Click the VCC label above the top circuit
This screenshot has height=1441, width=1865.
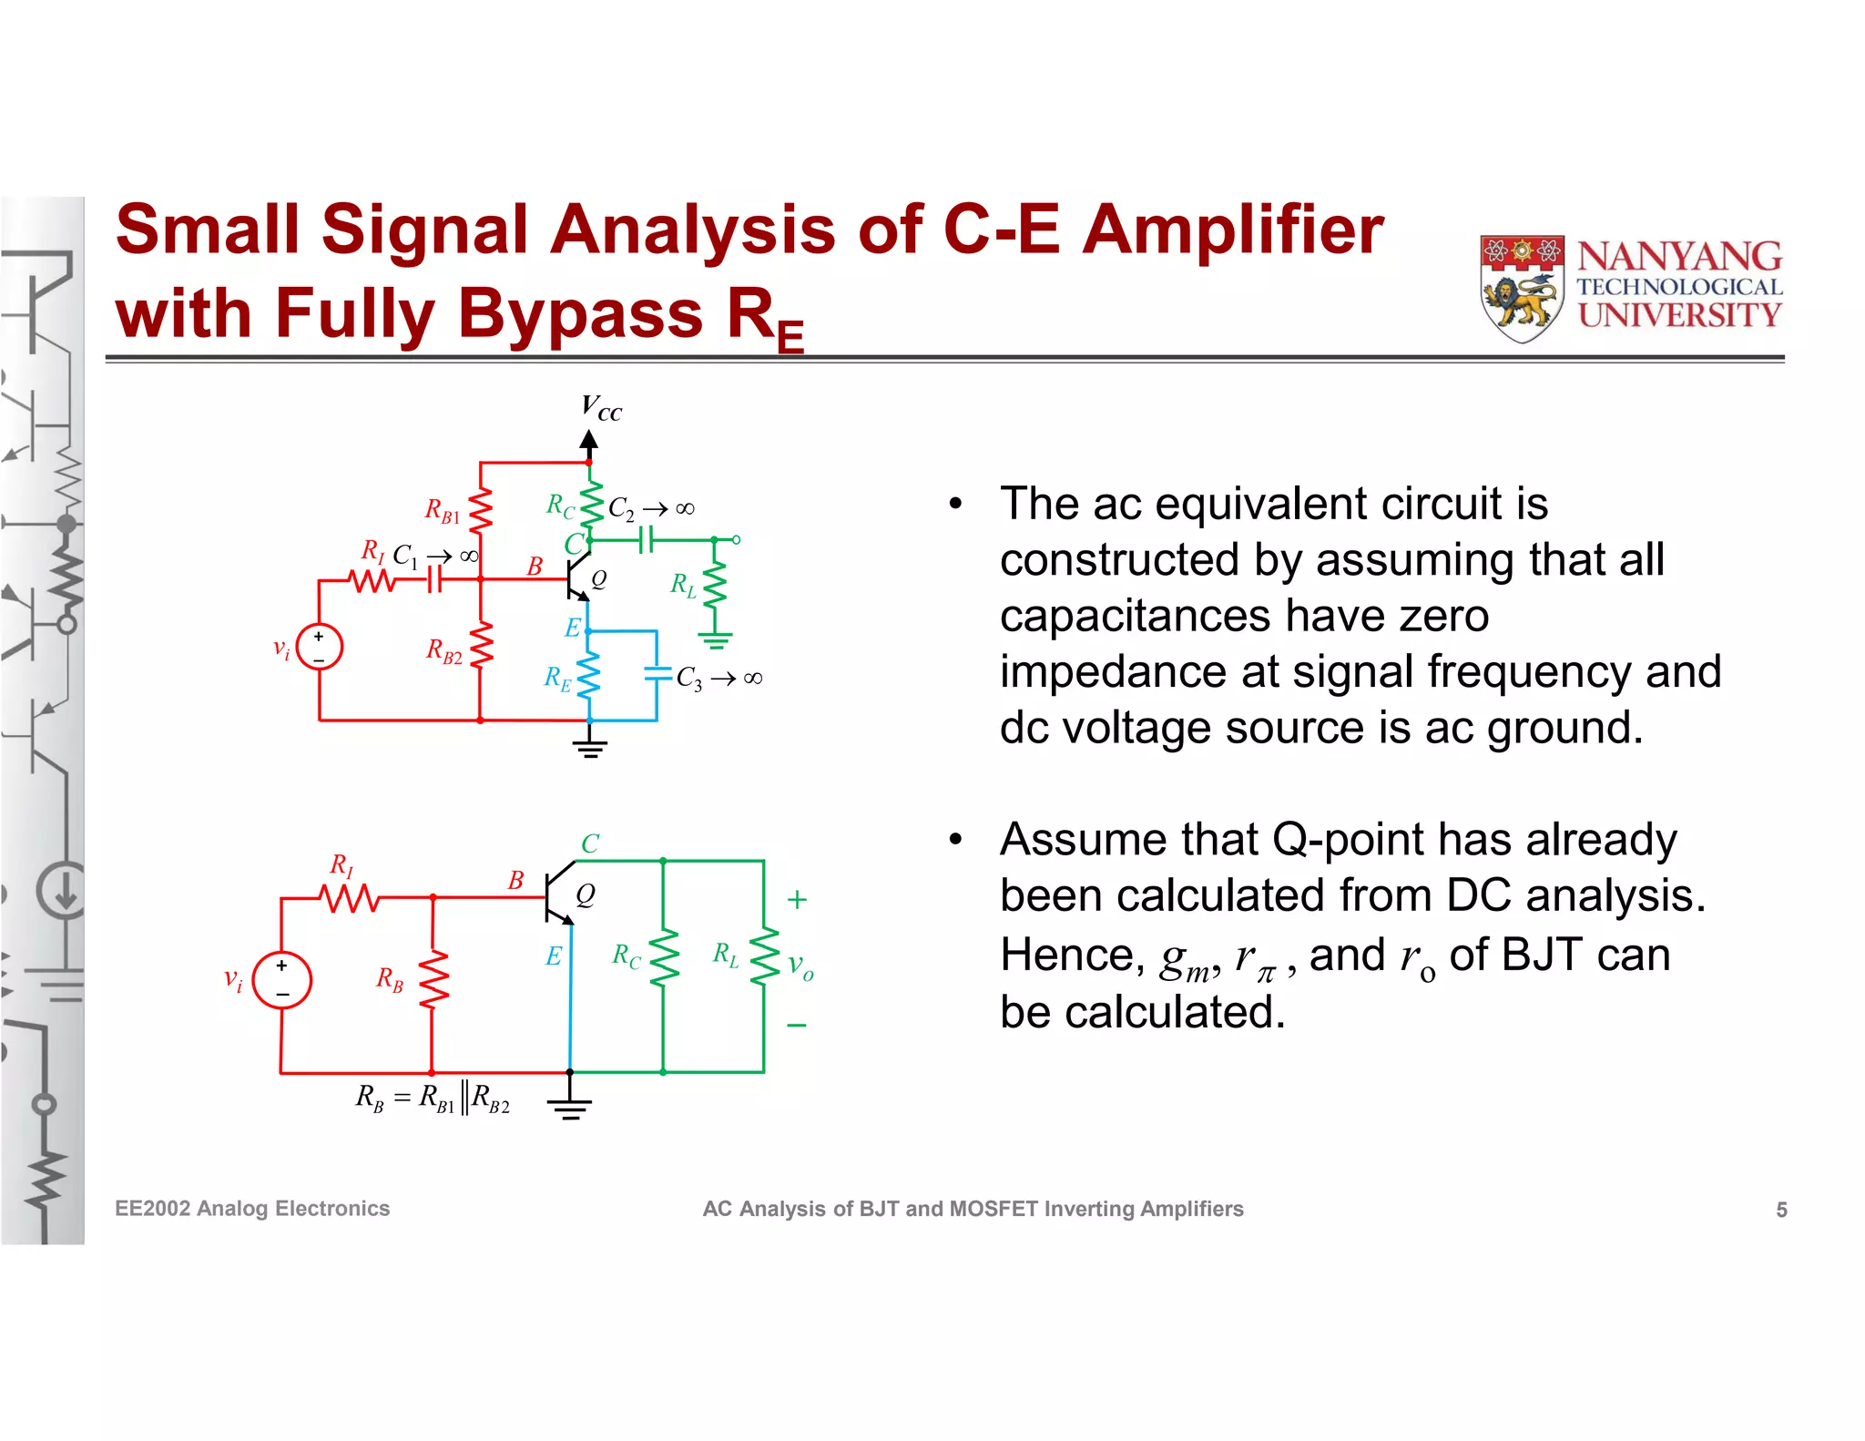[x=601, y=408]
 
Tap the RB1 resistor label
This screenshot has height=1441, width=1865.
[x=443, y=511]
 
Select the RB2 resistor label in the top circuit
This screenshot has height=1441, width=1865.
[x=444, y=651]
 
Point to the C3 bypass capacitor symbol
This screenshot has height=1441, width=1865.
[x=657, y=675]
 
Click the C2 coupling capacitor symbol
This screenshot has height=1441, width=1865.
[x=646, y=540]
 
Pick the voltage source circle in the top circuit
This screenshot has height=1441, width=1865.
[x=319, y=647]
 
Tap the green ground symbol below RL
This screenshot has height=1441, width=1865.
[x=716, y=640]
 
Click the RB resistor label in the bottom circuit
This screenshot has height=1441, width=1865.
[x=390, y=979]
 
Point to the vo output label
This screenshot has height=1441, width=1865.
[x=800, y=966]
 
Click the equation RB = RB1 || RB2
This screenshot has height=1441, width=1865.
[x=433, y=1099]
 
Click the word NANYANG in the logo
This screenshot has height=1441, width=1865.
[x=1679, y=256]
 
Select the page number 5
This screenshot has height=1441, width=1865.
[x=1781, y=1210]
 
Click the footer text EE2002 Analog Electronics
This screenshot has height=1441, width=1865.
[x=252, y=1209]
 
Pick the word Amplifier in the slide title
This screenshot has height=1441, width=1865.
[x=1232, y=230]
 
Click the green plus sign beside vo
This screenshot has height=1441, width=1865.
[x=797, y=900]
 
